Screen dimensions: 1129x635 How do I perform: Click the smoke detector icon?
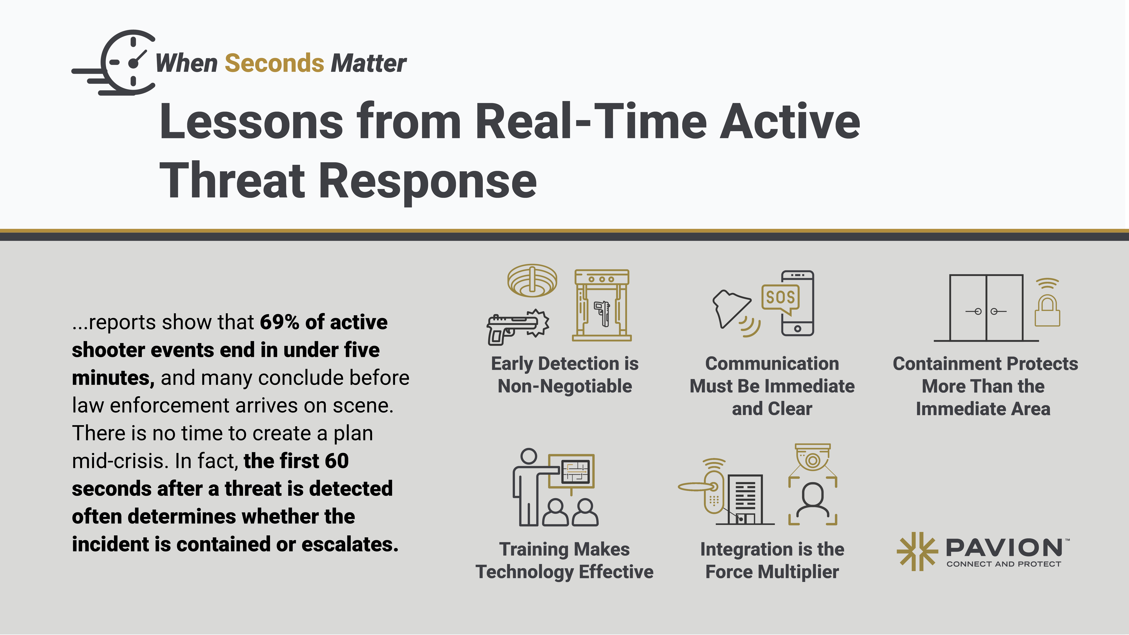click(532, 281)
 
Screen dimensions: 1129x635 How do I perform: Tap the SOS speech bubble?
click(781, 299)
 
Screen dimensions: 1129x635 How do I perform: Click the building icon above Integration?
click(745, 500)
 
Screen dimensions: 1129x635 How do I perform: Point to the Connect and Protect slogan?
click(1004, 564)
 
